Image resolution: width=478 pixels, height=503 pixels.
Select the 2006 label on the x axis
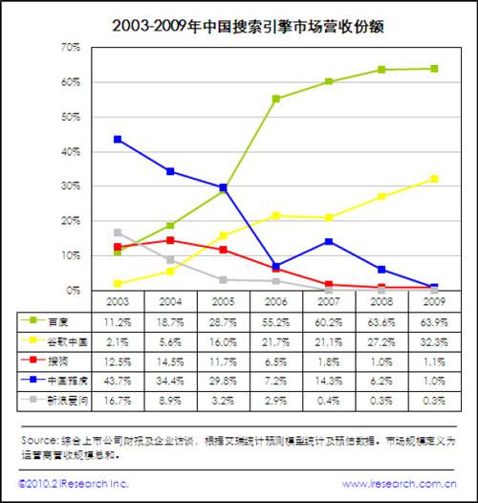point(275,301)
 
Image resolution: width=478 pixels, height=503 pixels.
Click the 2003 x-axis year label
point(117,301)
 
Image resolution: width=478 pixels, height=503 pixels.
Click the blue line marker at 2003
point(117,139)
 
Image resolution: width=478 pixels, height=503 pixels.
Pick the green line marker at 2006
point(275,98)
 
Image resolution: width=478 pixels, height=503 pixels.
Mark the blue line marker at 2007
point(328,241)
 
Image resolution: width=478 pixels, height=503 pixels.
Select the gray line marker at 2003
point(117,232)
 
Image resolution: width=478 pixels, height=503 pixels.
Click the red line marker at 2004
point(170,240)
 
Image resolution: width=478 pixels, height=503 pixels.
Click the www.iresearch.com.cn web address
point(402,485)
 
